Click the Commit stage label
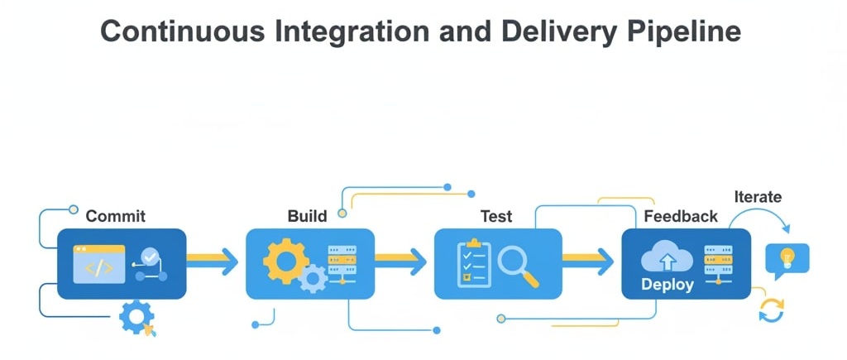pos(116,217)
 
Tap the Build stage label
pos(307,217)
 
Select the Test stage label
pos(496,217)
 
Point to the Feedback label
pos(681,217)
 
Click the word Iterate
pos(758,197)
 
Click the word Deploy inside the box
pos(668,285)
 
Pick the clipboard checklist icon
pos(473,264)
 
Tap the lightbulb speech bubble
pos(787,259)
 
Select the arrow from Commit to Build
pos(213,262)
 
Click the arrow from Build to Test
pos(401,262)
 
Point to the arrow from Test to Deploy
pos(589,262)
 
